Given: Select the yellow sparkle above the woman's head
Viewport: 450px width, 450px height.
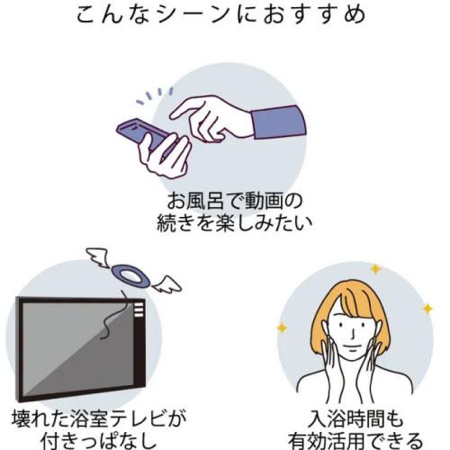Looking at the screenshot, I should (x=375, y=269).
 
